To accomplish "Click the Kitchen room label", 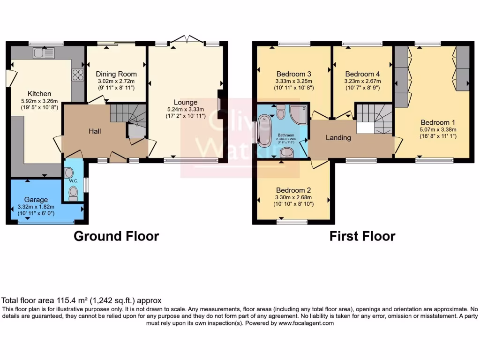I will (x=39, y=94).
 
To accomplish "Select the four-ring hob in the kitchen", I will (x=77, y=75).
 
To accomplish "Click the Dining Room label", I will (x=116, y=74).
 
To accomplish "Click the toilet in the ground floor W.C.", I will (x=73, y=193).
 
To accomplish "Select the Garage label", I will (x=37, y=200).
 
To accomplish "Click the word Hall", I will (x=96, y=131).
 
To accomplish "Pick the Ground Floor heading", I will (x=116, y=236).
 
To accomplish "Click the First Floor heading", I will (x=362, y=236).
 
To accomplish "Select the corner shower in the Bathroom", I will (x=297, y=113).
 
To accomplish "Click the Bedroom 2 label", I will (x=294, y=190).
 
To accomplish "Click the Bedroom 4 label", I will (x=363, y=74).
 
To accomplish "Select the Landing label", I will (x=338, y=137).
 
